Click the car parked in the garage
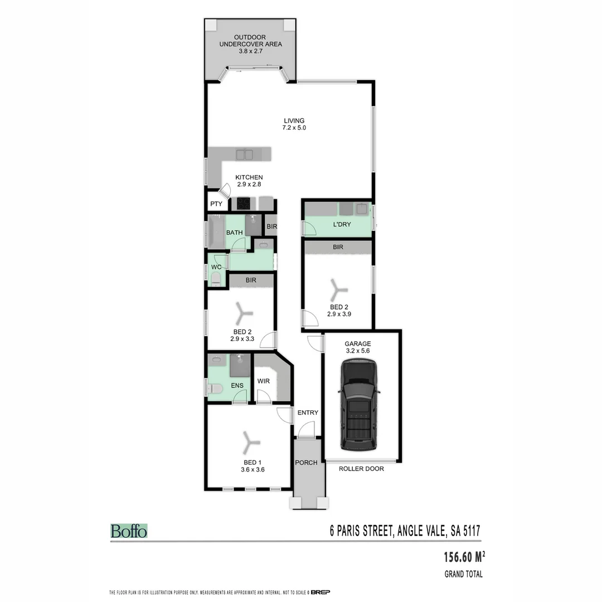[359, 405]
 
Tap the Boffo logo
[129, 531]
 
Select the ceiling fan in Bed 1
[249, 443]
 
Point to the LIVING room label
[294, 120]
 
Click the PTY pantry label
[216, 204]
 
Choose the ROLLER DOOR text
[361, 469]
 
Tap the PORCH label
[306, 463]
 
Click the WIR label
[264, 381]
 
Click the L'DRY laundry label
[341, 225]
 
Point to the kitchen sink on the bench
[244, 154]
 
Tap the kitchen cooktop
[244, 203]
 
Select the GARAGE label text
[357, 344]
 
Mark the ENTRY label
[308, 412]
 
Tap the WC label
[216, 267]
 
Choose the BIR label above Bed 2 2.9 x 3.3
[251, 280]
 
